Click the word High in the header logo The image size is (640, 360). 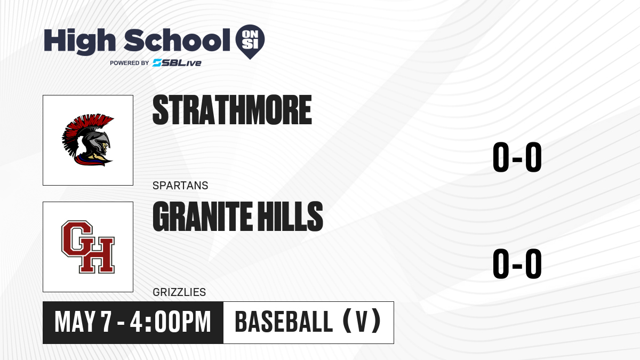point(79,42)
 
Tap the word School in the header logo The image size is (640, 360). point(177,40)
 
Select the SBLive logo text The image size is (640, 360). point(177,63)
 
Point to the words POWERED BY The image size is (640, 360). point(130,63)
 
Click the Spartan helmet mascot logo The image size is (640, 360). point(88,140)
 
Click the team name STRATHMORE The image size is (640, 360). point(232,110)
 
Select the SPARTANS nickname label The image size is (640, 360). point(180,186)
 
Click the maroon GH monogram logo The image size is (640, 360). point(88,247)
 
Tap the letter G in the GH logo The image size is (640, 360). point(77,238)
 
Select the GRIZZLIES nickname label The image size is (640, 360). point(179,292)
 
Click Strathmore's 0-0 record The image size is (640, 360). point(517,157)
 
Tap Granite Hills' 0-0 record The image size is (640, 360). point(517,263)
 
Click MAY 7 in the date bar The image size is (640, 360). point(83,322)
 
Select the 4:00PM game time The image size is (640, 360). point(170,322)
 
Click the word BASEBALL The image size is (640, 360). point(284,322)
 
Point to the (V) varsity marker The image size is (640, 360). point(362,321)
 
